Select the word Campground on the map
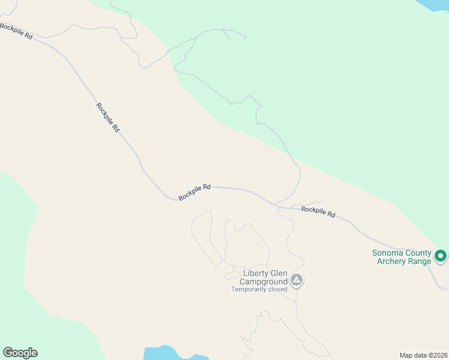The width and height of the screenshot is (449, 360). coord(264,281)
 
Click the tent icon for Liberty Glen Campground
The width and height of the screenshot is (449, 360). coord(296,280)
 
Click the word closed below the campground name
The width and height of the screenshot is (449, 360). coord(278,289)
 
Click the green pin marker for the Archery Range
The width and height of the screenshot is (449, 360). coord(441,256)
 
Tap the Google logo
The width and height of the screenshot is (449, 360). coord(20,353)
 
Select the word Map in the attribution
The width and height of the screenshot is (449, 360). coord(406,355)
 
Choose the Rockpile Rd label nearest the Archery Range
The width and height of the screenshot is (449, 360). coord(318,211)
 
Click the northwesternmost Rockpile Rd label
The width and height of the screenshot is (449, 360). coord(16,31)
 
